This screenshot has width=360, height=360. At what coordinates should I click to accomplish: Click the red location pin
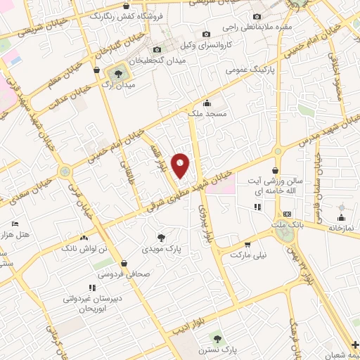point(181,165)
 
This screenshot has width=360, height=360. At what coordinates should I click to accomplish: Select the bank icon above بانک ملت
point(286,214)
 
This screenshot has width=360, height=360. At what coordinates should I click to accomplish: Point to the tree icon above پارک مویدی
point(161,238)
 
